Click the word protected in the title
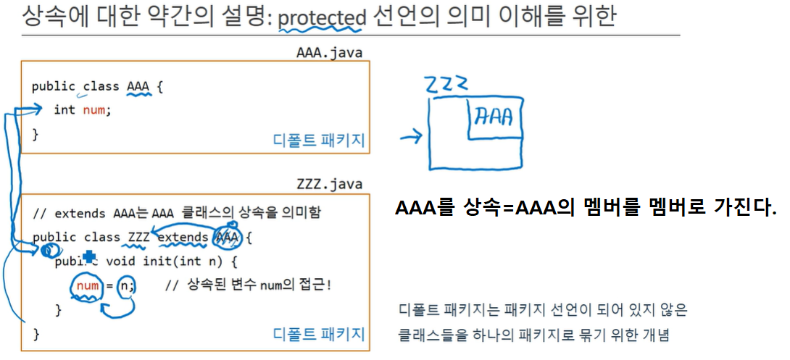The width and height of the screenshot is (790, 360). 323,16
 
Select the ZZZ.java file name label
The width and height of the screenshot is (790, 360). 329,185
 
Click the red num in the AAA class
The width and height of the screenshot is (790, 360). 93,110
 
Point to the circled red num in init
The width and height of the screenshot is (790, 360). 87,285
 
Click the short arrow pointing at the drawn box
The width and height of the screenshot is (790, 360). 410,135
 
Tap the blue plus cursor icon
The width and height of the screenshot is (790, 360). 89,256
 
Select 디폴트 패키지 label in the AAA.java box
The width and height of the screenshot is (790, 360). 319,141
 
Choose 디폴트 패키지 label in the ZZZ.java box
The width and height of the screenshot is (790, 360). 319,334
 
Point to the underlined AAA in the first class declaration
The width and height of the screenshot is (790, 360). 138,87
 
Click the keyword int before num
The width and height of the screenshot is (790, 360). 64,110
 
